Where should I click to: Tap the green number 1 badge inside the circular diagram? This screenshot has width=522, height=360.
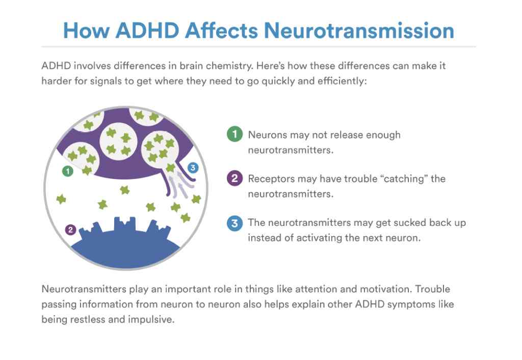click(x=68, y=171)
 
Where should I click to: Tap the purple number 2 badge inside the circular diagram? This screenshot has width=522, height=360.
click(x=70, y=230)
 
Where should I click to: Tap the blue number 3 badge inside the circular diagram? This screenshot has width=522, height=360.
click(x=193, y=168)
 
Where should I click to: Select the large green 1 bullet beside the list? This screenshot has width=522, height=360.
click(x=234, y=134)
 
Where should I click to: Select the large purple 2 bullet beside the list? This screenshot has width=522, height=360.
click(x=234, y=178)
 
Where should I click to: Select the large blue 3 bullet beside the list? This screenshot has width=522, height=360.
click(x=234, y=223)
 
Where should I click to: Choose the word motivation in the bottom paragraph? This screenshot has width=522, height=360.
click(x=385, y=289)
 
